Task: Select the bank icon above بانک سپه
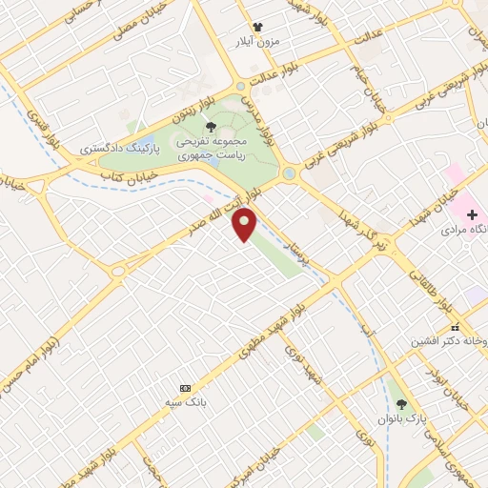[186, 388]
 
